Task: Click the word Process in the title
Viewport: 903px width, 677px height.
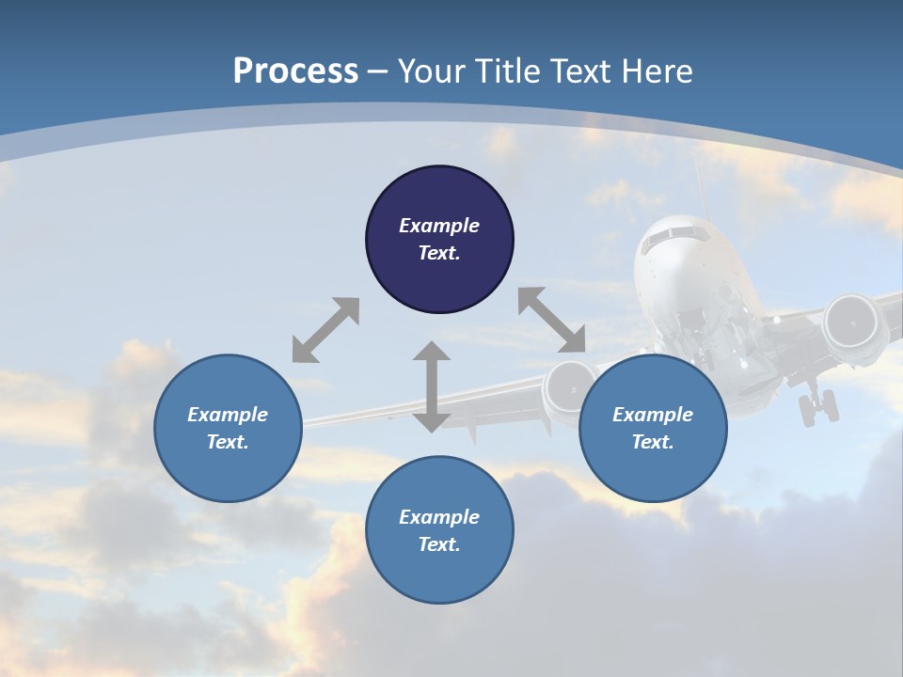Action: pos(295,71)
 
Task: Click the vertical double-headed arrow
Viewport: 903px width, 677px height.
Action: pos(432,386)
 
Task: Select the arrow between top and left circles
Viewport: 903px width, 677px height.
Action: pos(325,330)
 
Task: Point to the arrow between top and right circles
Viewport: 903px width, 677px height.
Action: pos(551,320)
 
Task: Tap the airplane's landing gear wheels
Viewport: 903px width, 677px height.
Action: pos(816,407)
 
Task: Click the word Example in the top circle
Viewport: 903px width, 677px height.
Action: pos(439,226)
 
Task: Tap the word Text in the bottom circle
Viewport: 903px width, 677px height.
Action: pos(439,544)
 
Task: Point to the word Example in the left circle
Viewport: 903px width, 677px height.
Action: pos(228,415)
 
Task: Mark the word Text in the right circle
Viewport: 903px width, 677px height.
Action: pos(653,442)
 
